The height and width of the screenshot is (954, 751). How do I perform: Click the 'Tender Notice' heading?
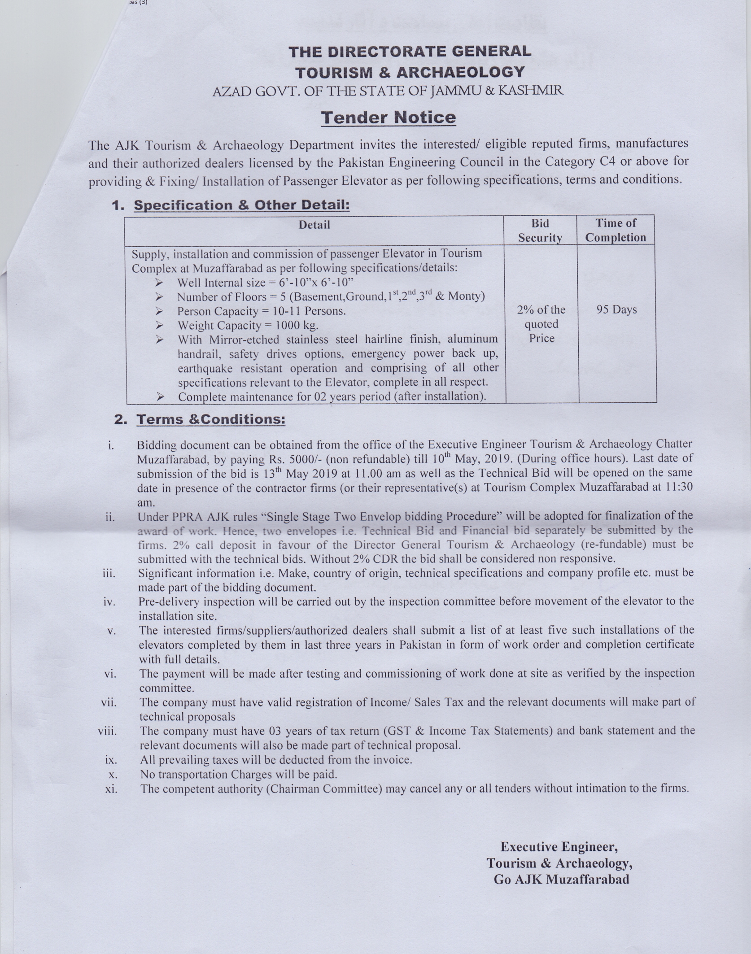coord(389,118)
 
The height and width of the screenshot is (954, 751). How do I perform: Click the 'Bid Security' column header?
coord(540,230)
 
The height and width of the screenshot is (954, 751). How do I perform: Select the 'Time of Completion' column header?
coord(616,230)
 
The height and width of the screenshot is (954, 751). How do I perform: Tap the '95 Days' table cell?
coord(616,310)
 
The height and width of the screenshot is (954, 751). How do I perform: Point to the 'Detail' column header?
coord(314,225)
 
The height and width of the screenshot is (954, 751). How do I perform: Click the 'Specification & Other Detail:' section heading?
coord(241,205)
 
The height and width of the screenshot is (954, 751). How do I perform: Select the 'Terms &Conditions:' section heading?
coord(210,419)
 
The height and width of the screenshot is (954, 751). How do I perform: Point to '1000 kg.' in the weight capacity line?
coord(294,325)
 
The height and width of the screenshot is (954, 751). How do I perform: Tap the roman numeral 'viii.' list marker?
coord(108,732)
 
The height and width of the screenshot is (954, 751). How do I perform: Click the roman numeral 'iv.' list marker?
coord(109,602)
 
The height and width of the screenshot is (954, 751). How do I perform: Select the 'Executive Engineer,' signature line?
coord(559,846)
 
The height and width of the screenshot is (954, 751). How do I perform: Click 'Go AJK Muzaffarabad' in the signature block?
coord(561,879)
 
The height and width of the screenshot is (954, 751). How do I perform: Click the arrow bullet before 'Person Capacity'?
coord(159,311)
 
